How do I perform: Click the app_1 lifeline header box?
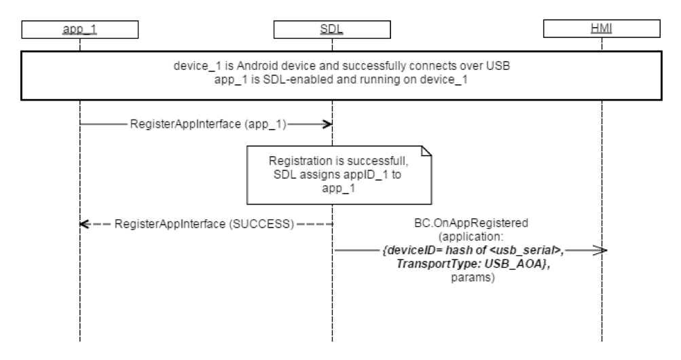[x=79, y=29]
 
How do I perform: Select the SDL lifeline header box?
[x=332, y=29]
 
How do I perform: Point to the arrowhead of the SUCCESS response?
[x=84, y=224]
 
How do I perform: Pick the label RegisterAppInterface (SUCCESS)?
[x=204, y=224]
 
